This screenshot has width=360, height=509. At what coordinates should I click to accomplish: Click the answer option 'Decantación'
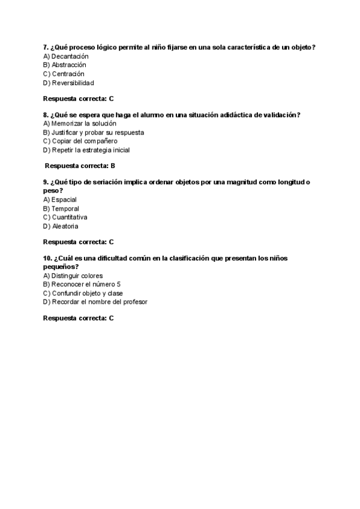(x=66, y=56)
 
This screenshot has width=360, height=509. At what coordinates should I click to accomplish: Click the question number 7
(x=46, y=47)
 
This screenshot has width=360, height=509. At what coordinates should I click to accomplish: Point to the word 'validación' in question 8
(x=280, y=115)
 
